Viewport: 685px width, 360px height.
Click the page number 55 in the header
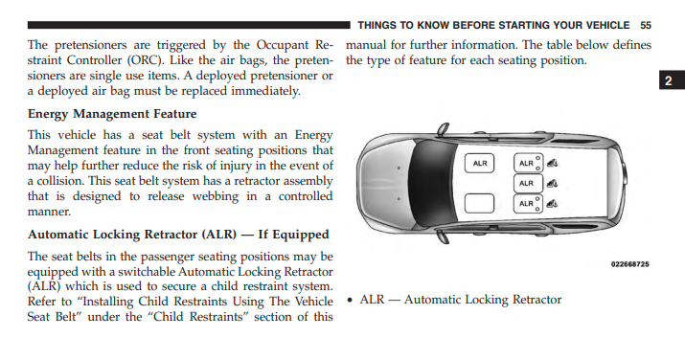pos(646,25)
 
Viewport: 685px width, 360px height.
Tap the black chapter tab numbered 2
pos(672,80)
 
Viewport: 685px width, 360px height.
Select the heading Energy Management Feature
pos(112,114)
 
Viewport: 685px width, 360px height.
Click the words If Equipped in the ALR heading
pos(293,235)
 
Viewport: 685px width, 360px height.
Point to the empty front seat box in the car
pos(479,203)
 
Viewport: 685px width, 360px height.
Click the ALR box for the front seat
pos(479,163)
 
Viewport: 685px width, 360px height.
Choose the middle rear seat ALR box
pos(528,183)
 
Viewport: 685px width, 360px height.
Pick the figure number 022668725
pos(630,264)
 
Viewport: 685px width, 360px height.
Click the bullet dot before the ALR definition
pos(349,301)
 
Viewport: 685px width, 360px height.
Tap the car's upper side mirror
pos(443,129)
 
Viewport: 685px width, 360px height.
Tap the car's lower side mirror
pos(444,236)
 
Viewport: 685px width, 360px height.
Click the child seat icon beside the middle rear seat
pos(552,183)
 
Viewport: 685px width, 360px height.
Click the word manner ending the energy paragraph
pos(49,212)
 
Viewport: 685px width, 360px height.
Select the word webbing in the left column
pos(216,197)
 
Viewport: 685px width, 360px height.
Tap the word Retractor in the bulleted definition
pos(537,300)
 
